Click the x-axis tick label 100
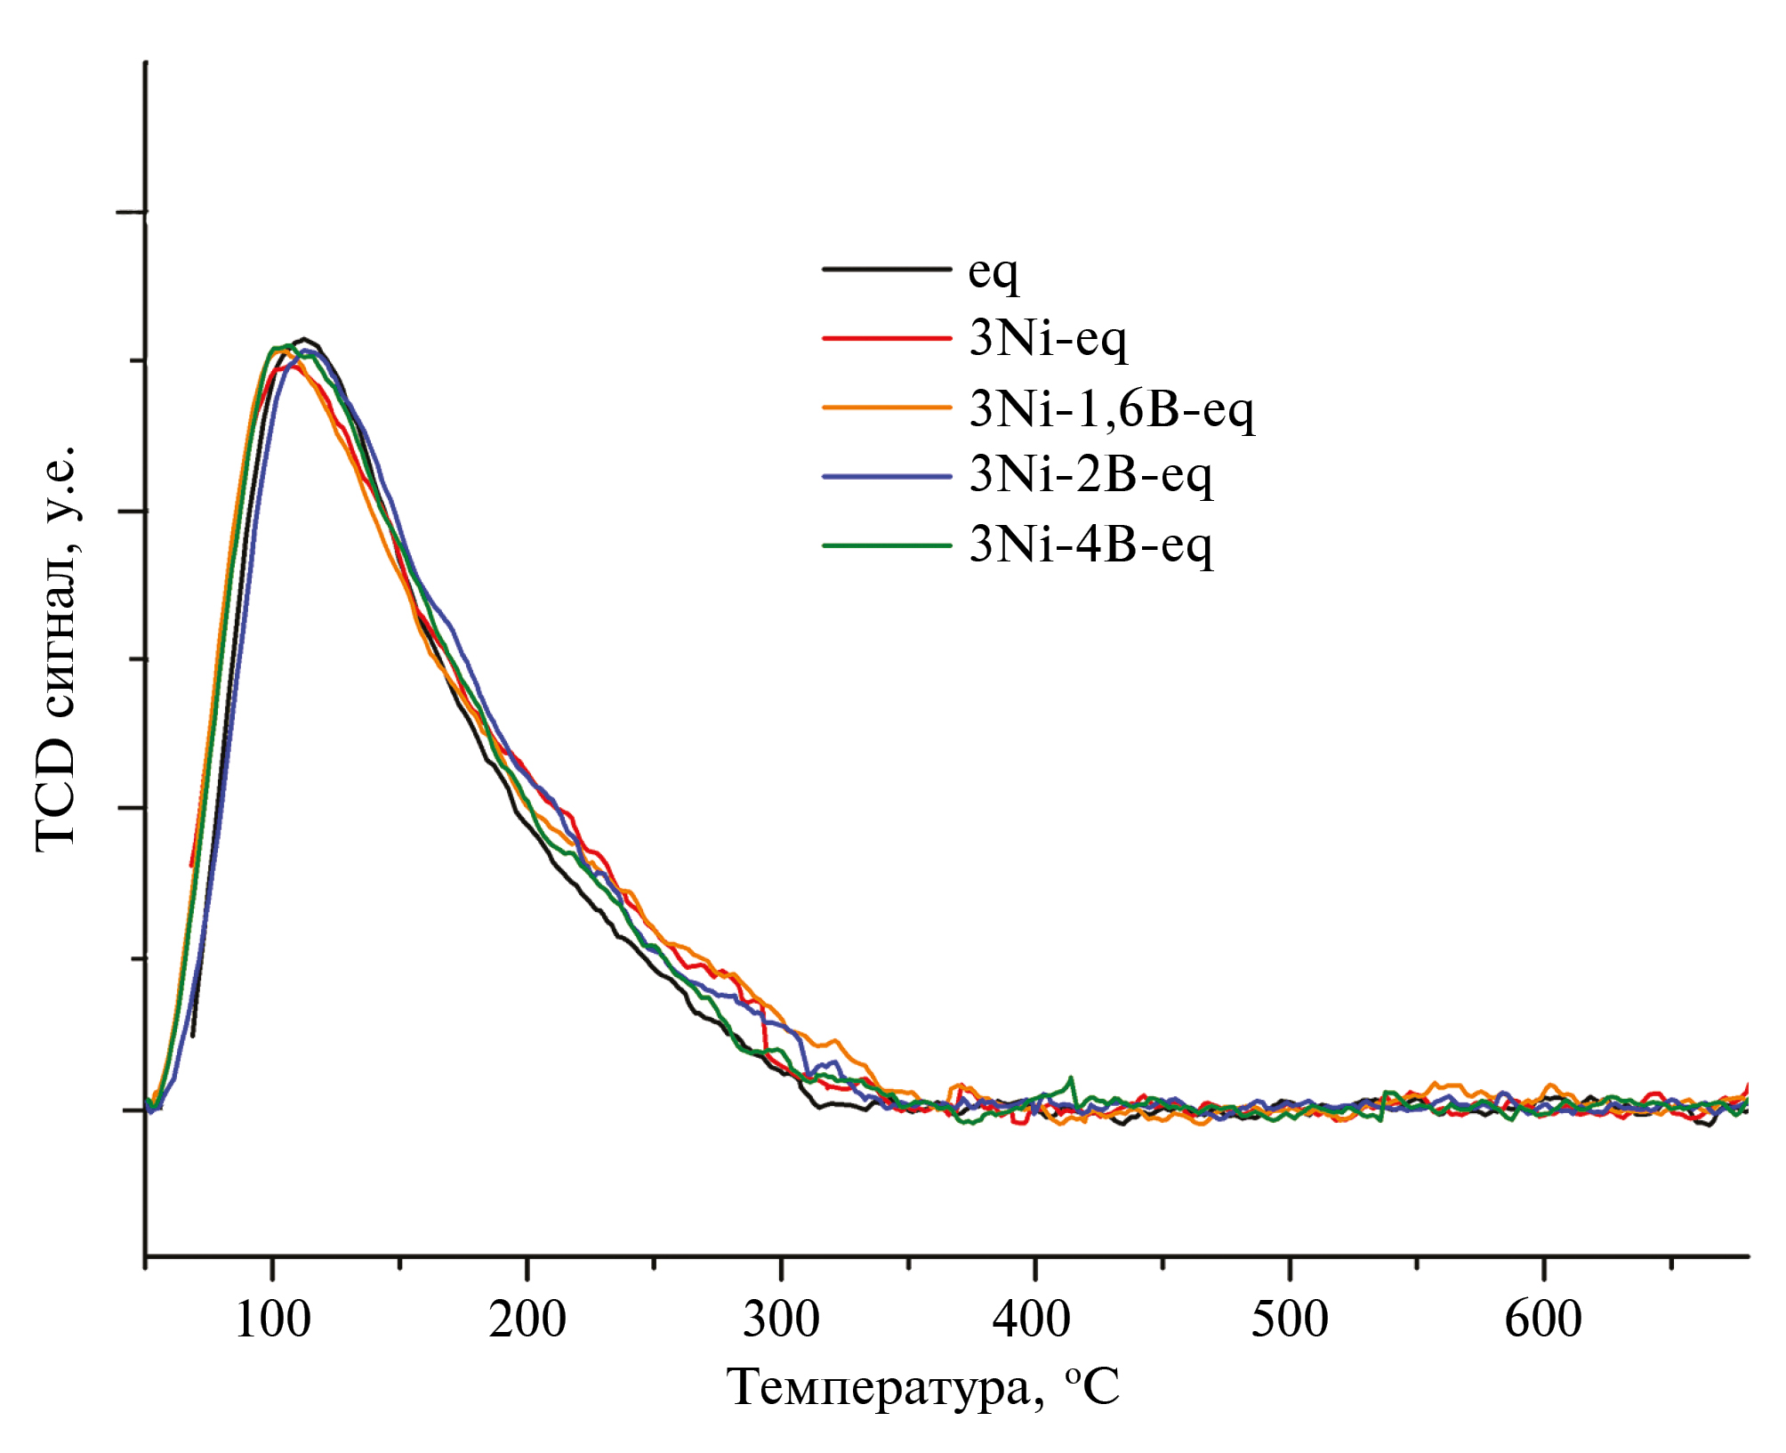pos(272,1319)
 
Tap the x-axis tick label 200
pos(527,1319)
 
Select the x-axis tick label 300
pos(781,1319)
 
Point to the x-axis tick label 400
pos(1031,1319)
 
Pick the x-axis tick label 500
pos(1289,1319)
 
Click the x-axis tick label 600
pos(1543,1319)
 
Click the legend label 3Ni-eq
pos(1048,338)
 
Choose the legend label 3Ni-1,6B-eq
pos(1112,408)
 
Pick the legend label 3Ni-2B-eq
pos(1090,475)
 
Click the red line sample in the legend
pos(886,338)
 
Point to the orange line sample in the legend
pos(886,408)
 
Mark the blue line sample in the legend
pos(886,476)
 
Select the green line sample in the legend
pos(886,545)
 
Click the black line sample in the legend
pos(886,269)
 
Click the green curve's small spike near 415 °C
pos(1072,1078)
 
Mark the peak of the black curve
pos(305,339)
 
